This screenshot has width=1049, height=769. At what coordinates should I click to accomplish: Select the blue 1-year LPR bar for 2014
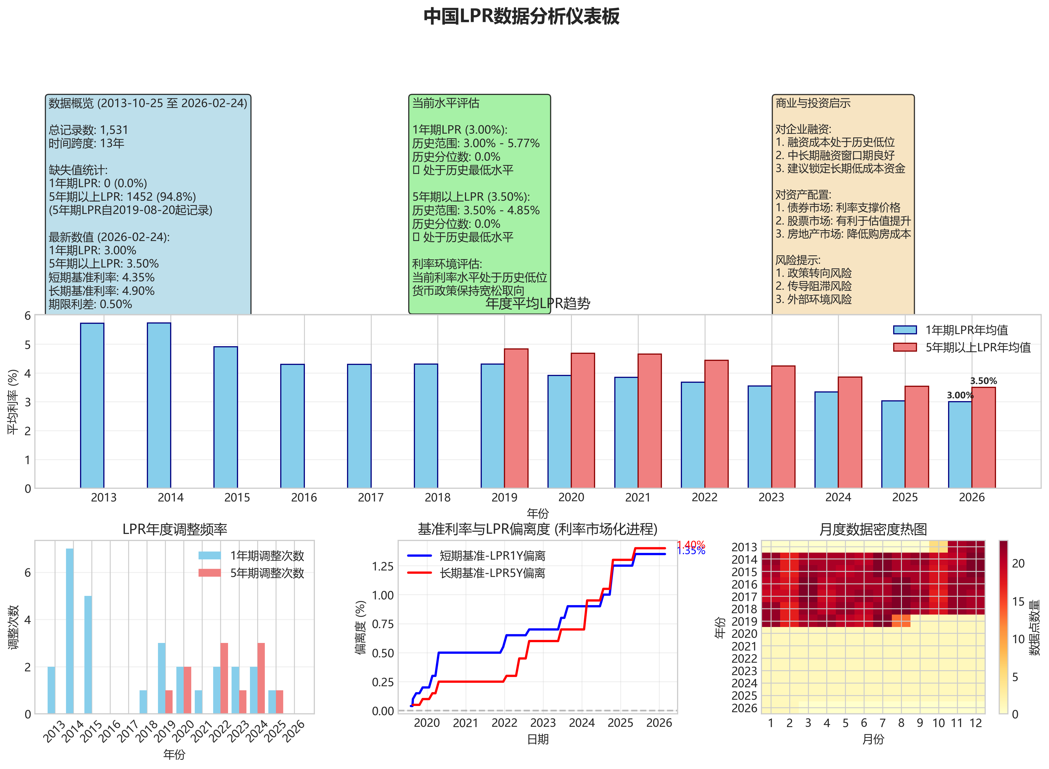click(159, 405)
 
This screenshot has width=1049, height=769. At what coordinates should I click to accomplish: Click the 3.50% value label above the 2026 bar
click(983, 381)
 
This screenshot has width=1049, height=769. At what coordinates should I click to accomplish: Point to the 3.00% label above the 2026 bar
click(960, 395)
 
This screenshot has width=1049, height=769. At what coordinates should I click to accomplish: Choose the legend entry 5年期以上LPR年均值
click(977, 347)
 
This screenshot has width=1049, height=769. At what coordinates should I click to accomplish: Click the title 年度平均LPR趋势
click(537, 303)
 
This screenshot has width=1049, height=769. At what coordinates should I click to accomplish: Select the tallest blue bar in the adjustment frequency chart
click(69, 631)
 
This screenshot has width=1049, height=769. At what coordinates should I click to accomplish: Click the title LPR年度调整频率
click(174, 529)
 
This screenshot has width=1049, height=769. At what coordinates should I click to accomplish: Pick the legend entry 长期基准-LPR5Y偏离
click(492, 573)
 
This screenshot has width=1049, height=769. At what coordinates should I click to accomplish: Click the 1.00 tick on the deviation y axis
click(382, 595)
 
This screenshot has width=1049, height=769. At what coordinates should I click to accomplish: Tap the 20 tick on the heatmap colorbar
click(1018, 564)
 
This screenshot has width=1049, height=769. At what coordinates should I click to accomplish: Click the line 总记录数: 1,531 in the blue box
click(88, 130)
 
